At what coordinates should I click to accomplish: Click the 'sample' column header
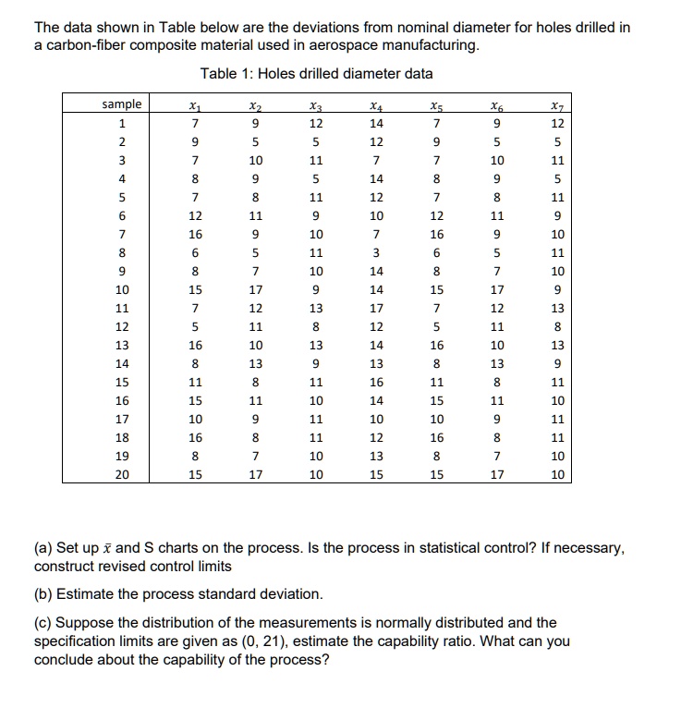[x=122, y=104]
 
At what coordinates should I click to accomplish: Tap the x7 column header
[x=554, y=105]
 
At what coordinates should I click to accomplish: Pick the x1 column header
[x=193, y=105]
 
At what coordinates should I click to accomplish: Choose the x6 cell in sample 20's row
[x=497, y=475]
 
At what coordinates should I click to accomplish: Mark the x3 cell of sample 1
[x=315, y=122]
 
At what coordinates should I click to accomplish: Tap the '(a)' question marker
[x=43, y=548]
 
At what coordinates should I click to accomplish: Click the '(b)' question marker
[x=43, y=592]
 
